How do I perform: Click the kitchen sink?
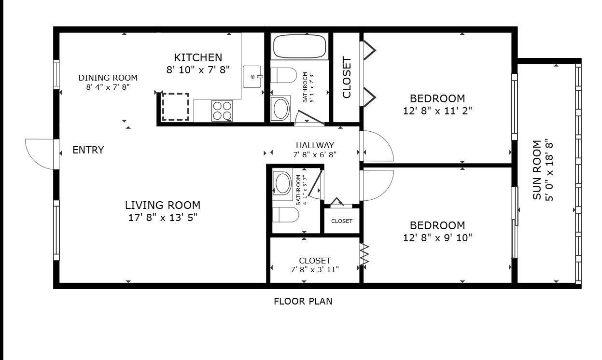(x=252, y=77)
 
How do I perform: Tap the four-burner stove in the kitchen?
(x=222, y=111)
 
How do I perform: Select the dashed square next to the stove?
(x=175, y=107)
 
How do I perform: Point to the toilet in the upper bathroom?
(x=283, y=76)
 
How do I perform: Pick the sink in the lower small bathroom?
(x=282, y=183)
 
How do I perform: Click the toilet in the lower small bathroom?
(x=284, y=215)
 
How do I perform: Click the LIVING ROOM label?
(x=162, y=205)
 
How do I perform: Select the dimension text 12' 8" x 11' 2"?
(x=437, y=111)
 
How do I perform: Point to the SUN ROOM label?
(x=537, y=170)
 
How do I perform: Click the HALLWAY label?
(x=315, y=145)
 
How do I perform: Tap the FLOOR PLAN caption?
(x=303, y=302)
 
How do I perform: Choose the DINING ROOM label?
(x=108, y=78)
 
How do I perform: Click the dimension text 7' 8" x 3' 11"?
(x=315, y=269)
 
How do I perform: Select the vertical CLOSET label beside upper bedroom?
(x=347, y=77)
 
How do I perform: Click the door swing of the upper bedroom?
(x=378, y=146)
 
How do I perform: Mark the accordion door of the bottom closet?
(x=364, y=254)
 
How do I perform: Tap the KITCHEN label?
(x=198, y=57)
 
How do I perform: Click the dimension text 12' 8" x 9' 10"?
(x=437, y=237)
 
